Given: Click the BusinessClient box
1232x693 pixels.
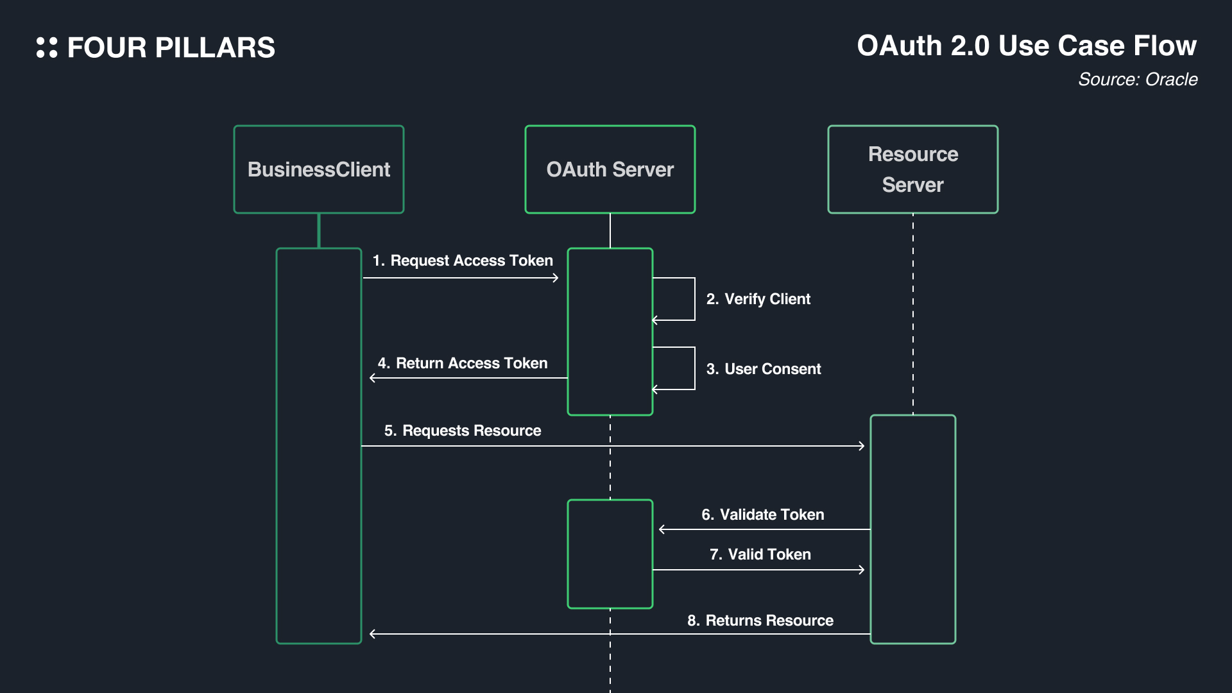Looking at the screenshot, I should tap(319, 169).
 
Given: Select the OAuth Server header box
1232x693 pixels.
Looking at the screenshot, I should tap(610, 169).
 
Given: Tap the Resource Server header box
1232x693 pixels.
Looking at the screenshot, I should tap(912, 169).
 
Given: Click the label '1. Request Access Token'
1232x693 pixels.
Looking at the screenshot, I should tap(463, 261).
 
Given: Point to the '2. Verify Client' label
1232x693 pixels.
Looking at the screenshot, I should tap(758, 299).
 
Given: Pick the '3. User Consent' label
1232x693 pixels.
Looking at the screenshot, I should tap(764, 369).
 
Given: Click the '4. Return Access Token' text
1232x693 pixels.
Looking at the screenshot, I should tap(463, 363).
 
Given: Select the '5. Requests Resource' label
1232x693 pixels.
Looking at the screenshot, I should tap(463, 431).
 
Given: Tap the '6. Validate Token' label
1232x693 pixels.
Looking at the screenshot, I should tap(762, 515).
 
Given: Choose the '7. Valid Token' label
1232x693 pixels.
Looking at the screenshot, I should tap(760, 554).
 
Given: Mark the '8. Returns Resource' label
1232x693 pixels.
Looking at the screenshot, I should tap(760, 620).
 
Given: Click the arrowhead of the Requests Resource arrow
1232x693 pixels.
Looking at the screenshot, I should tap(862, 446).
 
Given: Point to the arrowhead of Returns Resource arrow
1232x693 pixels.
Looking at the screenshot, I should tap(373, 634).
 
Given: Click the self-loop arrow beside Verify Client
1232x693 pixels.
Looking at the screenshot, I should tap(694, 299).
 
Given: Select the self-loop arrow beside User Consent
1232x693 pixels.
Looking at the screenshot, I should tap(694, 368).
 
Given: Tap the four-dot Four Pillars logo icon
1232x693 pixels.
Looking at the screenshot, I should tap(47, 47).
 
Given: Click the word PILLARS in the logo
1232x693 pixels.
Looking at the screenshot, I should tap(215, 48).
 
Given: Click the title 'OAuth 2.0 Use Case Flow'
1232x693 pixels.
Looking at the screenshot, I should tap(1027, 46).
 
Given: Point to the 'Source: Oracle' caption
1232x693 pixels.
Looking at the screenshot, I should tap(1138, 80).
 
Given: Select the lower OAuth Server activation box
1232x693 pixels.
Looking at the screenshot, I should tap(610, 554).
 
